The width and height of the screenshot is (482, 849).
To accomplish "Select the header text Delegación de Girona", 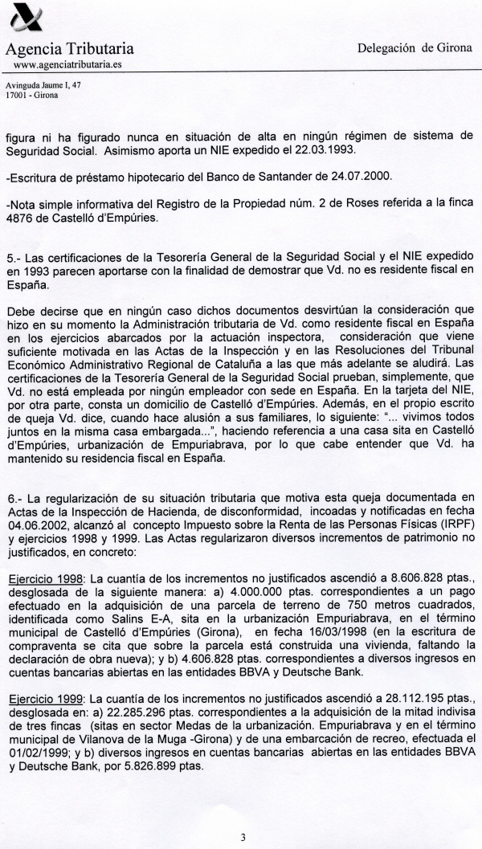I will pos(415,48).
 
